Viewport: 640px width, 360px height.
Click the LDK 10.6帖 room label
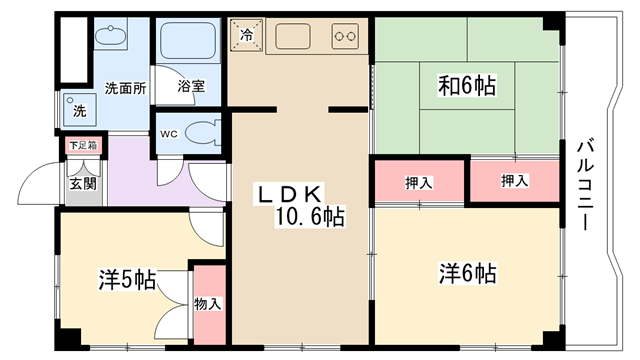pyautogui.click(x=300, y=206)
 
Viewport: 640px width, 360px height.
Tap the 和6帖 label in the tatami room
pyautogui.click(x=467, y=86)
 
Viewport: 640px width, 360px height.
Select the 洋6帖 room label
pyautogui.click(x=467, y=273)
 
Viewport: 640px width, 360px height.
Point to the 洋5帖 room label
pyautogui.click(x=127, y=280)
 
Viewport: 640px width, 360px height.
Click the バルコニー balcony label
pyautogui.click(x=585, y=186)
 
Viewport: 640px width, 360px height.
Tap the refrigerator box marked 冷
pyautogui.click(x=246, y=35)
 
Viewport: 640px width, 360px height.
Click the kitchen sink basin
pyautogui.click(x=293, y=36)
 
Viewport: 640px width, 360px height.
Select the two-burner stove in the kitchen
pyautogui.click(x=345, y=36)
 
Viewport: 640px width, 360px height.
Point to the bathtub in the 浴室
pyautogui.click(x=188, y=40)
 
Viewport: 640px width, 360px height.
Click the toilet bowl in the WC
pyautogui.click(x=201, y=133)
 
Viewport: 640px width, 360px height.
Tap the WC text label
pyautogui.click(x=169, y=134)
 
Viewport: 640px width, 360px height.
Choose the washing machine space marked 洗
pyautogui.click(x=79, y=110)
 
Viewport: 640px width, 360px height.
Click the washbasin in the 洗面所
pyautogui.click(x=110, y=35)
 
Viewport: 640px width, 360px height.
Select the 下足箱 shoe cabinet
pyautogui.click(x=83, y=145)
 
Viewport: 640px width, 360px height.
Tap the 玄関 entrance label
pyautogui.click(x=83, y=184)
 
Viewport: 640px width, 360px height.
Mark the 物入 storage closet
pyautogui.click(x=210, y=304)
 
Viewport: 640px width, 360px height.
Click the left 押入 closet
pyautogui.click(x=419, y=182)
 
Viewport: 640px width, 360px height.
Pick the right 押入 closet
pyautogui.click(x=514, y=180)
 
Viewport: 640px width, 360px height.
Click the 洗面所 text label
pyautogui.click(x=125, y=88)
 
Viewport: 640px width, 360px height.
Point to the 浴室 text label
pyautogui.click(x=191, y=86)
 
